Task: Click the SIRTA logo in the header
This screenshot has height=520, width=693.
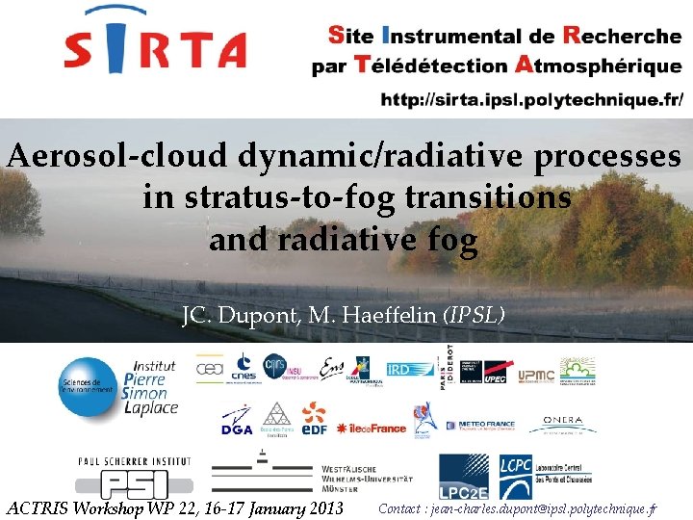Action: point(154,43)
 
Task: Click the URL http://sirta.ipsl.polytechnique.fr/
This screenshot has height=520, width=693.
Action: point(532,99)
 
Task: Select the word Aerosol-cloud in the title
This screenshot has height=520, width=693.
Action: point(102,156)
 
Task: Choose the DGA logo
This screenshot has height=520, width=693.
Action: point(237,422)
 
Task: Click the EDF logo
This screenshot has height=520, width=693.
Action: point(313,420)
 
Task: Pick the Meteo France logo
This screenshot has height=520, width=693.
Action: point(486,424)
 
